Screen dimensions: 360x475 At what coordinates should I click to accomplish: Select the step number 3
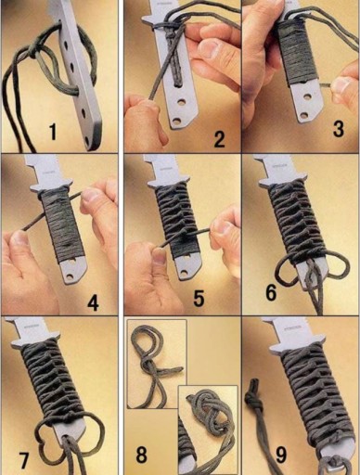(x=339, y=129)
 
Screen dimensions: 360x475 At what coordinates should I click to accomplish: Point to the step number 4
(x=93, y=302)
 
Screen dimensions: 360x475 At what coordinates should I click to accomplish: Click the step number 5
(x=199, y=298)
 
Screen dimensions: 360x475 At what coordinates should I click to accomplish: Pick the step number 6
(x=271, y=292)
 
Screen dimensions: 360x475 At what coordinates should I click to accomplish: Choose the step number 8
(x=142, y=455)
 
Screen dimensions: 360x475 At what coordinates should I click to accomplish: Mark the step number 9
(x=281, y=455)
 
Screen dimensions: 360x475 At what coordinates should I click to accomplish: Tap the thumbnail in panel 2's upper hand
(x=209, y=49)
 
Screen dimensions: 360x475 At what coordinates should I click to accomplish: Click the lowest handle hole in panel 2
(x=176, y=121)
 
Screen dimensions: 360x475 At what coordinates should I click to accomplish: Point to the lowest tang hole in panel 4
(x=71, y=276)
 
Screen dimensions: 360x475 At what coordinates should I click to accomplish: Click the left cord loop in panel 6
(x=287, y=272)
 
